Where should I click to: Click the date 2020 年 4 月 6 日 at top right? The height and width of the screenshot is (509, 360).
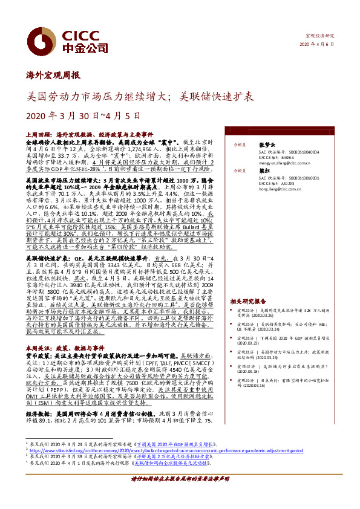[321, 45]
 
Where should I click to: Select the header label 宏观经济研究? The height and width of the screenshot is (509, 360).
[320, 37]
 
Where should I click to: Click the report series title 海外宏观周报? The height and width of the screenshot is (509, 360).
[53, 76]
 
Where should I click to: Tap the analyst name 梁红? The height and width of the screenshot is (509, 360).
[247, 171]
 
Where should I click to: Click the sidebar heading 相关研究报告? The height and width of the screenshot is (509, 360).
[245, 300]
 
